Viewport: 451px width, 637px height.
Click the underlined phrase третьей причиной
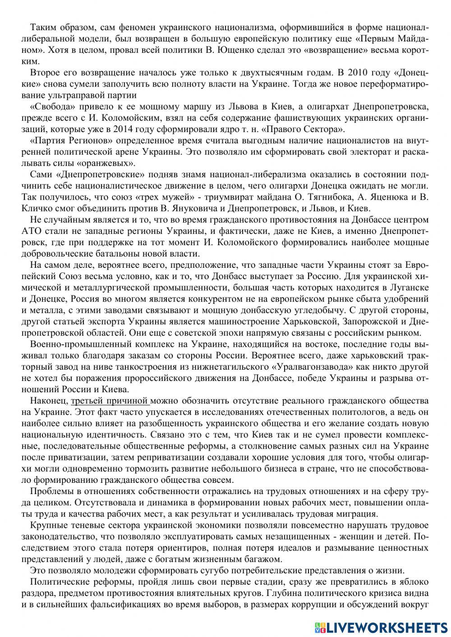[110, 400]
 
